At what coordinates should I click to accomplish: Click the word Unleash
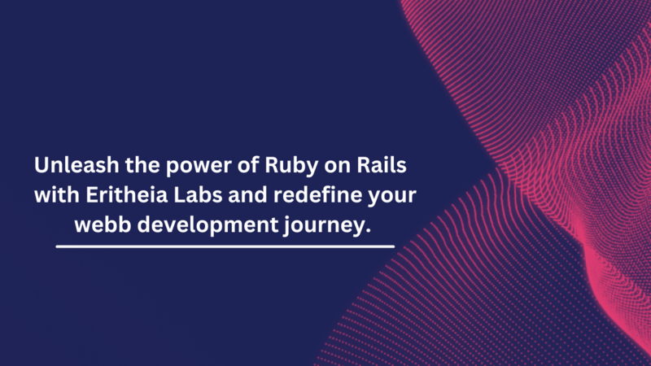point(76,165)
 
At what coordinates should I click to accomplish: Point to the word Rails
point(382,165)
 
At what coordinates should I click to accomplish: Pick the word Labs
point(198,194)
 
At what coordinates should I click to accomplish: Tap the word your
point(392,197)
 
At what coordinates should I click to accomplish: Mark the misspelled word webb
point(103,224)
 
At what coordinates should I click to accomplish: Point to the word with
point(57,194)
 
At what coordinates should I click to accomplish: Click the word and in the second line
point(248,194)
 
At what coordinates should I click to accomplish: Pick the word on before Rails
point(338,168)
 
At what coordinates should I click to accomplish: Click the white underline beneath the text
point(225,246)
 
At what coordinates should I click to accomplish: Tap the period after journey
point(368,231)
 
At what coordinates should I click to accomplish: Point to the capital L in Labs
point(179,194)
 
